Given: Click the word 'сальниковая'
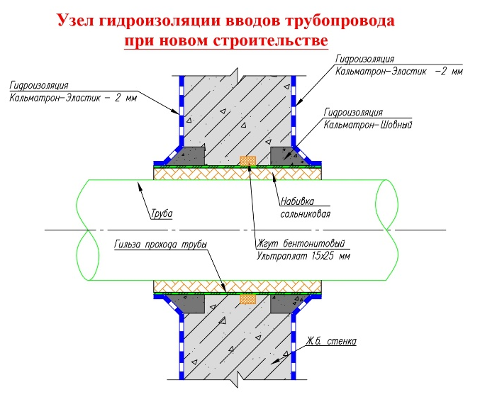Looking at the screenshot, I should point(305,213).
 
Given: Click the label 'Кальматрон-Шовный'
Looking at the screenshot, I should point(367,124).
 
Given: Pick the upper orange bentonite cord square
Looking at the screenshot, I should point(247,161).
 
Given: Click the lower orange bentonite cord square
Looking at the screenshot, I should point(247,299).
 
